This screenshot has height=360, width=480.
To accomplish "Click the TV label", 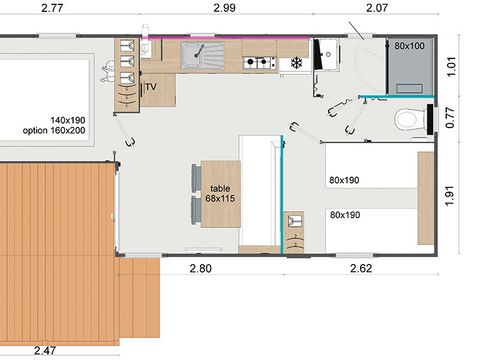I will [151, 88].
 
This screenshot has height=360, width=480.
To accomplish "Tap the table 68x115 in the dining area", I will [220, 194].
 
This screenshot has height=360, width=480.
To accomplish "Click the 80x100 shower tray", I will [408, 65].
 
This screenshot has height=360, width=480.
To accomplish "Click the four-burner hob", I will [259, 62].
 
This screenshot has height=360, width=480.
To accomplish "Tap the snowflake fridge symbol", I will [296, 63].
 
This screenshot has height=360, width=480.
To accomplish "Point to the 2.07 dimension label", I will [377, 8].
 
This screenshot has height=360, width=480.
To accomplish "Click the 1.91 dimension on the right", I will [451, 193].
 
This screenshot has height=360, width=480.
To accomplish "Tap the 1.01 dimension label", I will [451, 68].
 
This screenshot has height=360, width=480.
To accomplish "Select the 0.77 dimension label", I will [451, 118].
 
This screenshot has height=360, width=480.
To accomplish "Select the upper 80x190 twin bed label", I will [344, 181].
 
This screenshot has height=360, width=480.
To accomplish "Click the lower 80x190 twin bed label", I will [344, 214].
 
